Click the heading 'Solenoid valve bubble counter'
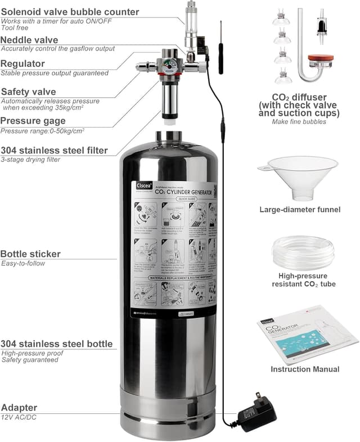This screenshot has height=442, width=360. pos(70,12)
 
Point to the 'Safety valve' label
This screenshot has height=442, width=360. pos(36,92)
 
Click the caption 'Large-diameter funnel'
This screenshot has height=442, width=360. pos(299,210)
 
